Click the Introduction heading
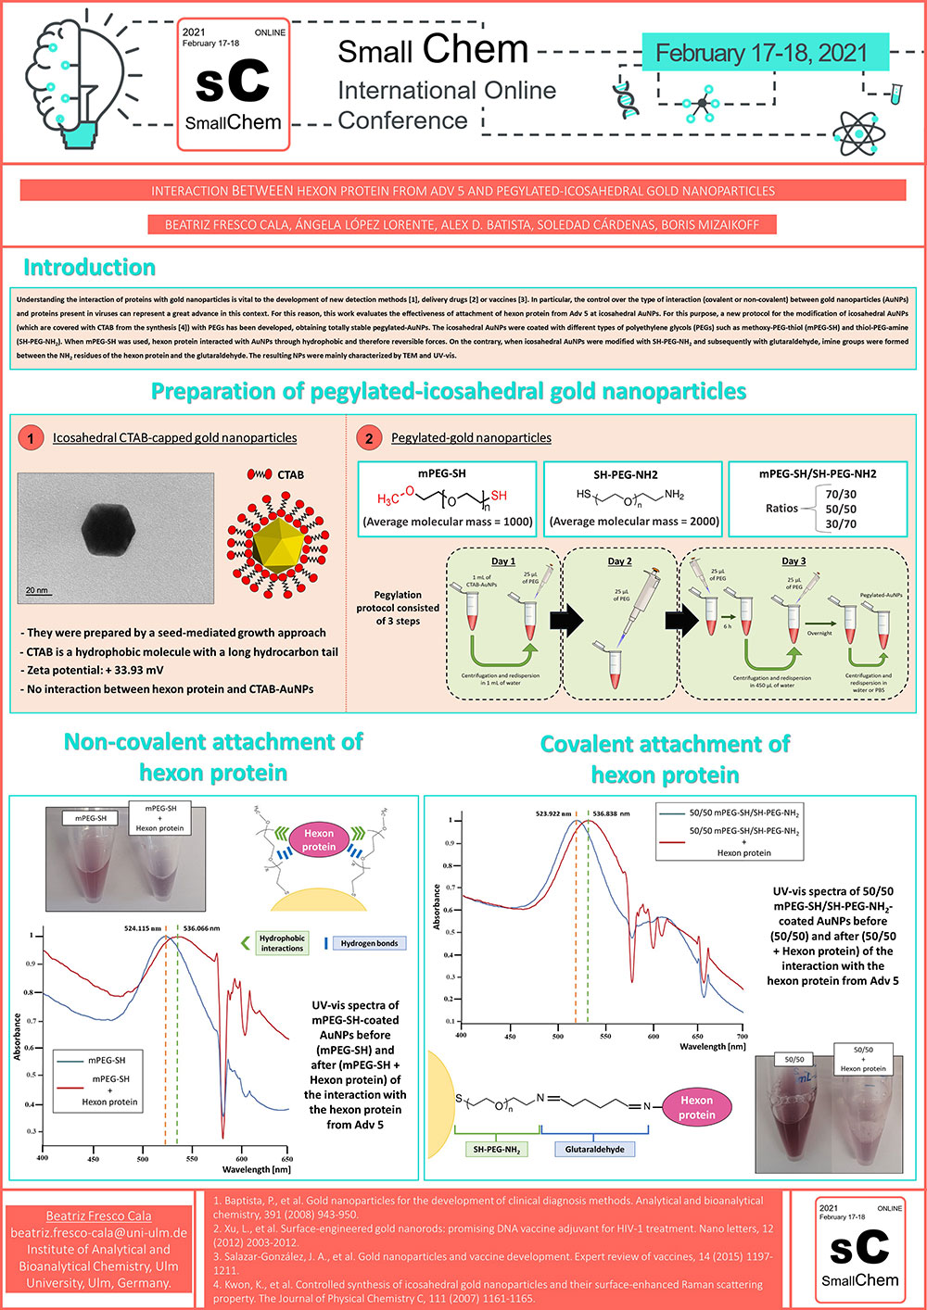[89, 268]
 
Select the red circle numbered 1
[31, 437]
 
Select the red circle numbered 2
[369, 437]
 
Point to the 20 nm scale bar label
[37, 590]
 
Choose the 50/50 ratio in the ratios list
[840, 509]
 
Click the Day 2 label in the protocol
[619, 561]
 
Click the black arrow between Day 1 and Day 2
[566, 619]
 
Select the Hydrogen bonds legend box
[369, 943]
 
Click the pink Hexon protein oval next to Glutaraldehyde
[696, 1107]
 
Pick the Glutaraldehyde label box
[594, 1149]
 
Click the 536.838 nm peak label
[611, 813]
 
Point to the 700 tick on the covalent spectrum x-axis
[742, 1036]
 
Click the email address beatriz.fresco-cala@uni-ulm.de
[99, 1233]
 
